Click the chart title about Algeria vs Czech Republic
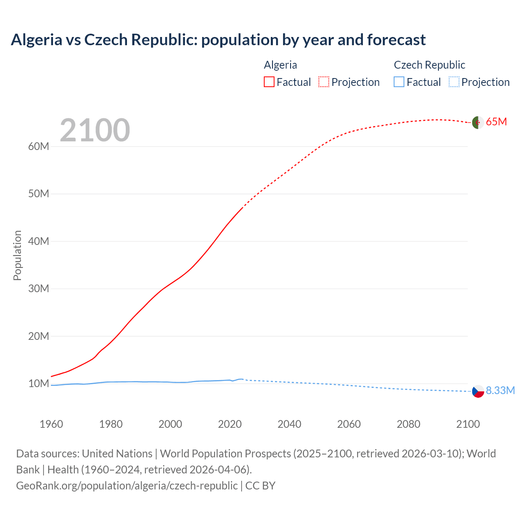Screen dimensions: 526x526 pyautogui.click(x=218, y=40)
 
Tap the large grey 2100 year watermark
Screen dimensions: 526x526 pyautogui.click(x=95, y=130)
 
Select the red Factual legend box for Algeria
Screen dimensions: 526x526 pyautogui.click(x=269, y=82)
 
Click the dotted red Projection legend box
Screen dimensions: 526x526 pyautogui.click(x=324, y=82)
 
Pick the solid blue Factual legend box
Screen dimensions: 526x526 pyautogui.click(x=399, y=82)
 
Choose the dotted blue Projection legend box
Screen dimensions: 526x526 pyautogui.click(x=454, y=82)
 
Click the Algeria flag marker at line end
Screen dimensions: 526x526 pyautogui.click(x=478, y=122)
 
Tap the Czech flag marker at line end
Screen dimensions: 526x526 pyautogui.click(x=478, y=391)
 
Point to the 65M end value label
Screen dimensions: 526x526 pyautogui.click(x=496, y=122)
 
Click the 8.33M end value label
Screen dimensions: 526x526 pyautogui.click(x=500, y=390)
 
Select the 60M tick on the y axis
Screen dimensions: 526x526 pyautogui.click(x=39, y=147)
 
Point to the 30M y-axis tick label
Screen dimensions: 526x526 pyautogui.click(x=39, y=289)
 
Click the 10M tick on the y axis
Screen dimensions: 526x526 pyautogui.click(x=39, y=384)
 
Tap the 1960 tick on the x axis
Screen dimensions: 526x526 pyautogui.click(x=51, y=424)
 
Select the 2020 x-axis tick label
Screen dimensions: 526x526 pyautogui.click(x=230, y=424)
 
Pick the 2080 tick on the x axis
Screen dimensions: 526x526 pyautogui.click(x=408, y=424)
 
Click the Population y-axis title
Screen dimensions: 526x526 pyautogui.click(x=17, y=255)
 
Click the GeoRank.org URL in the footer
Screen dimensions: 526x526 pyautogui.click(x=127, y=486)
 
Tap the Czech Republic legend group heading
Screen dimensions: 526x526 pyautogui.click(x=429, y=65)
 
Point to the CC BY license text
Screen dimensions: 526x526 pyautogui.click(x=260, y=486)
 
